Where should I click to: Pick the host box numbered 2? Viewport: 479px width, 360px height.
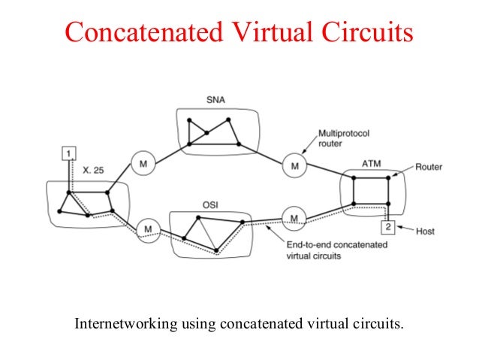coord(387,226)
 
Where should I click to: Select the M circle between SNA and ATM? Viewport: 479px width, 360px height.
coord(294,165)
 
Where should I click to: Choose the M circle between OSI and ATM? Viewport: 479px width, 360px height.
coord(294,219)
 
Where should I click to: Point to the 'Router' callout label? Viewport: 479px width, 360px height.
coord(429,167)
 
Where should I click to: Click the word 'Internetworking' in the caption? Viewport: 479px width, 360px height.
coord(123,325)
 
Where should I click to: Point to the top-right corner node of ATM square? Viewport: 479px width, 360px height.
coord(388,177)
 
